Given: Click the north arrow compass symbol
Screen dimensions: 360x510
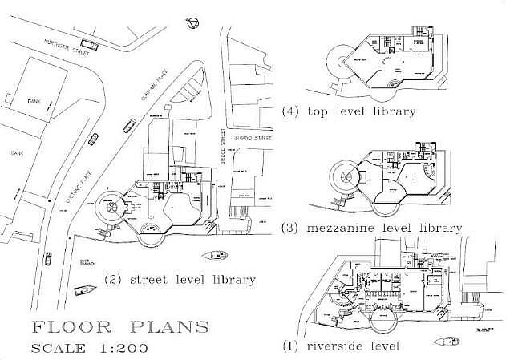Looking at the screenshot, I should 192,22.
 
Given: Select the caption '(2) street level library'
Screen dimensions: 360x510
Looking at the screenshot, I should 180,280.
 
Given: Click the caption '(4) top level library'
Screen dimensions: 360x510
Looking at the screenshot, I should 349,111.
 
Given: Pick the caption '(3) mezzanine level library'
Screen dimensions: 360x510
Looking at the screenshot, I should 372,228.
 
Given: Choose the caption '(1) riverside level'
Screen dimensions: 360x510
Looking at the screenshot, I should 340,346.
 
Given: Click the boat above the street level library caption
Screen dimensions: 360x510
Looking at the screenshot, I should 215,256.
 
